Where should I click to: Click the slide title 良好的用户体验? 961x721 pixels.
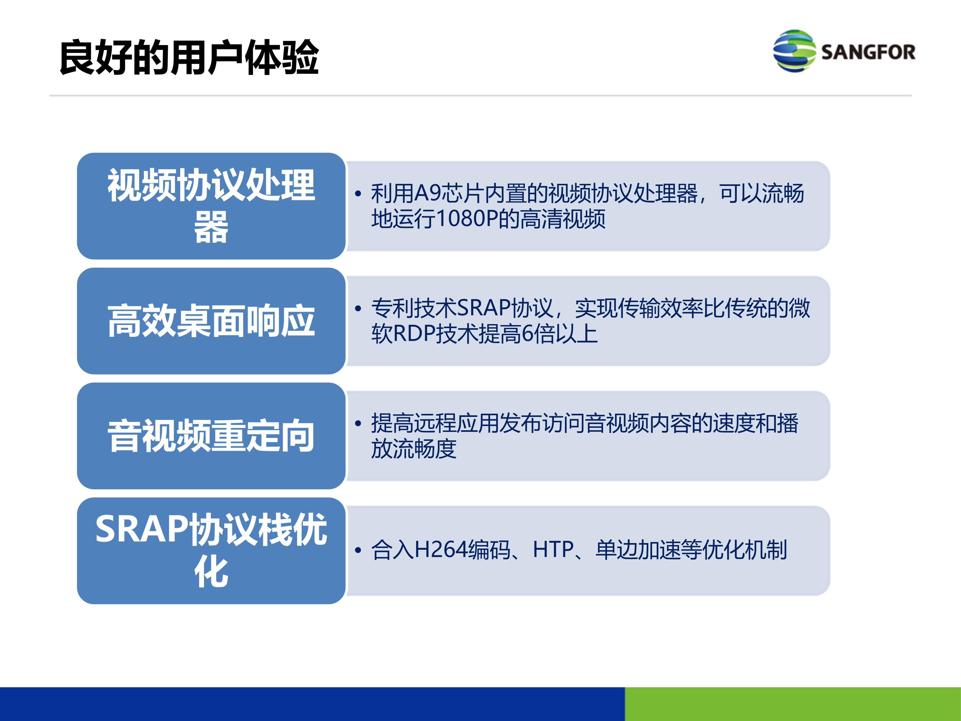pyautogui.click(x=189, y=57)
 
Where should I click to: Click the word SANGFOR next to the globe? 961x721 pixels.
pyautogui.click(x=868, y=52)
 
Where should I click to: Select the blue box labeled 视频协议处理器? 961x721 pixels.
pyautogui.click(x=211, y=206)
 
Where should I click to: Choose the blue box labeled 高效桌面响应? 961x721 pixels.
pyautogui.click(x=211, y=321)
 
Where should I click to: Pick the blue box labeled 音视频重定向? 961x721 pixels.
pyautogui.click(x=211, y=436)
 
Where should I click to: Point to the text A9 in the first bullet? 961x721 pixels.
pyautogui.click(x=427, y=193)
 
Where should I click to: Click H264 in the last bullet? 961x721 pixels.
pyautogui.click(x=441, y=549)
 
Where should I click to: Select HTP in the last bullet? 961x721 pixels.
pyautogui.click(x=553, y=549)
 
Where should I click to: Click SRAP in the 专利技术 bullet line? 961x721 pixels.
pyautogui.click(x=484, y=308)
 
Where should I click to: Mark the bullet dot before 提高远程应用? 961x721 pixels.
pyautogui.click(x=358, y=423)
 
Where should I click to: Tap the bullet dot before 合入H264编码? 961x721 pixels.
pyautogui.click(x=358, y=550)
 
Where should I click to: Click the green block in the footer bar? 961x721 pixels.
pyautogui.click(x=792, y=704)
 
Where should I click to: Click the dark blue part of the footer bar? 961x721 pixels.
pyautogui.click(x=312, y=704)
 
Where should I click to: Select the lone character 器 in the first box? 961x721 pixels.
pyautogui.click(x=211, y=227)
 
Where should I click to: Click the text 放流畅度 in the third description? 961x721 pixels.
pyautogui.click(x=413, y=449)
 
